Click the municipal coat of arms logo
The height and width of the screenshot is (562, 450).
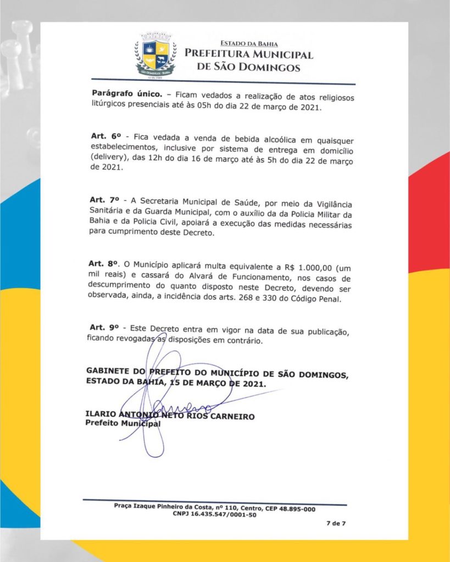tap(155, 55)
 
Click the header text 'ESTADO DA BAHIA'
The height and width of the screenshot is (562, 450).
tap(249, 43)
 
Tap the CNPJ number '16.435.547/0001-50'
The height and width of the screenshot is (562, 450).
tap(224, 514)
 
